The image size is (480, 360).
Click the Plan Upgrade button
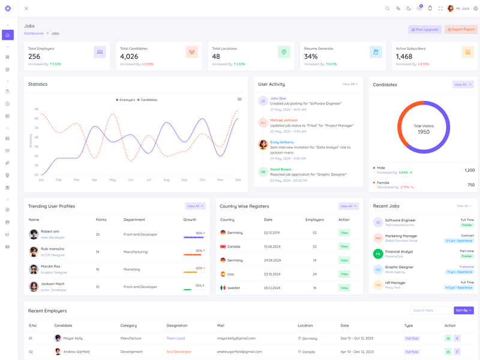425,29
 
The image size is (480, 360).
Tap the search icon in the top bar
388,8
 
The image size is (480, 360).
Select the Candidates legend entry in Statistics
148,100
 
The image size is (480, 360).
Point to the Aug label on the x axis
166,180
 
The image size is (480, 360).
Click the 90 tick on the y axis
37,109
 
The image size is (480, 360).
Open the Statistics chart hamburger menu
239,100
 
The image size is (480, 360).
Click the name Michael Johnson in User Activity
284,120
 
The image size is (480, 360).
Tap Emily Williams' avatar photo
263,145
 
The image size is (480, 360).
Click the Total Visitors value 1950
424,132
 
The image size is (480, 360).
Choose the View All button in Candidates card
463,85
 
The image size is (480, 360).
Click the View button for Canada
344,247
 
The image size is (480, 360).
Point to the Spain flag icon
223,274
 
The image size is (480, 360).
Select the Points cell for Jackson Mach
98,287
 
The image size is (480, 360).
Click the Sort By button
463,311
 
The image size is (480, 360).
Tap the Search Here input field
431,311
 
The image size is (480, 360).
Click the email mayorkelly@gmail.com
236,338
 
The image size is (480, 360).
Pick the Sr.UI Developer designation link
179,352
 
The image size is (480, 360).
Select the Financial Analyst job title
399,251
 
